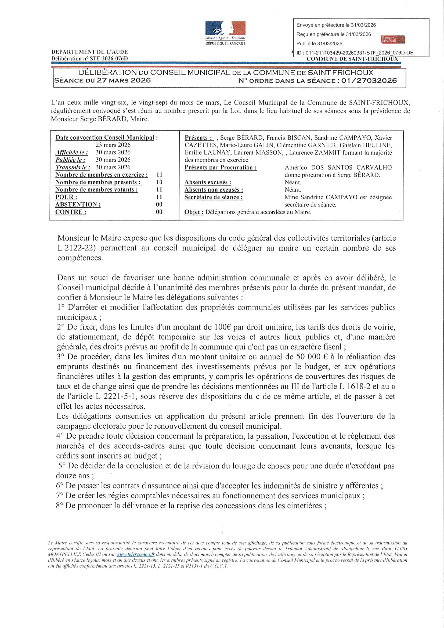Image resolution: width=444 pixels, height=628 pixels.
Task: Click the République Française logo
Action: click(x=225, y=33)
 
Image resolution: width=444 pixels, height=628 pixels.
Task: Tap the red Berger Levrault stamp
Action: click(x=393, y=39)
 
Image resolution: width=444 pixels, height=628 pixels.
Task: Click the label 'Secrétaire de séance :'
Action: click(x=213, y=197)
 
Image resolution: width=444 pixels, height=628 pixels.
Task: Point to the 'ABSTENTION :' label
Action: click(x=78, y=205)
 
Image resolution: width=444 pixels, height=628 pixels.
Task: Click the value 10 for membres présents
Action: click(x=159, y=182)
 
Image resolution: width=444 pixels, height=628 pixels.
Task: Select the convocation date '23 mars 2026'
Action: click(x=113, y=145)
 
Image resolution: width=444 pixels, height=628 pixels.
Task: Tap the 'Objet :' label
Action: click(x=194, y=212)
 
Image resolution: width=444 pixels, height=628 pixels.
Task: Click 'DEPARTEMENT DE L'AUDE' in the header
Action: click(x=89, y=52)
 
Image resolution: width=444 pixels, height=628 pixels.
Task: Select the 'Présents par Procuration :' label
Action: click(x=221, y=167)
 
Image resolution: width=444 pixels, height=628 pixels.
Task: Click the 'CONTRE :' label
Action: click(x=71, y=212)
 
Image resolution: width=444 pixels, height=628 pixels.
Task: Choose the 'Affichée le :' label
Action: click(x=72, y=152)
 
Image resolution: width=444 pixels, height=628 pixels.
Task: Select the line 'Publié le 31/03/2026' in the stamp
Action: click(x=319, y=44)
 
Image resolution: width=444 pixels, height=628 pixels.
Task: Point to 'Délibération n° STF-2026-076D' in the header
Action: click(x=89, y=59)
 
